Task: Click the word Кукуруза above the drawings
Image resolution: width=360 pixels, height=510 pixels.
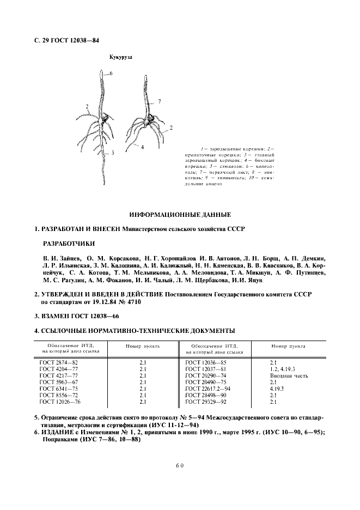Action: (x=121, y=56)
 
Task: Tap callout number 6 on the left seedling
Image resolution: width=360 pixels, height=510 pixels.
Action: (x=111, y=72)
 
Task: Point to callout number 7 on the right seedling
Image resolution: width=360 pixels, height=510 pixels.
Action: (x=160, y=101)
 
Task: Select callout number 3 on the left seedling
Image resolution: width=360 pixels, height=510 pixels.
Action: (x=112, y=153)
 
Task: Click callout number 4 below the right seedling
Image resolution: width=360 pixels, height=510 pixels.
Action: (x=142, y=147)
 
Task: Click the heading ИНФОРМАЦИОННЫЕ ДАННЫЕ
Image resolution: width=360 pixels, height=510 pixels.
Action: (x=180, y=214)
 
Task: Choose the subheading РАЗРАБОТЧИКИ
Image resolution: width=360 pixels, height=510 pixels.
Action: (x=68, y=244)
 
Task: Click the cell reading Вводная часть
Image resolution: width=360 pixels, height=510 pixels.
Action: (x=289, y=375)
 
